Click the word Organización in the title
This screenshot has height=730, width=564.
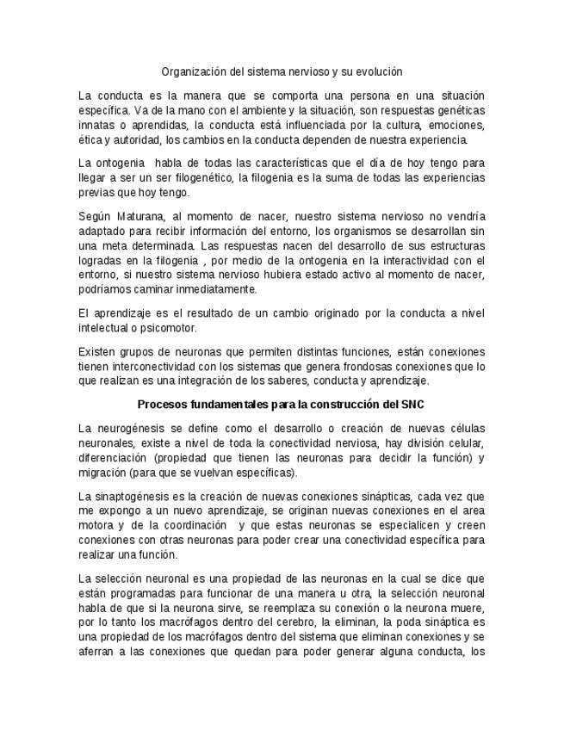[190, 72]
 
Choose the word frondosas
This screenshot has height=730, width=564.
[345, 366]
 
